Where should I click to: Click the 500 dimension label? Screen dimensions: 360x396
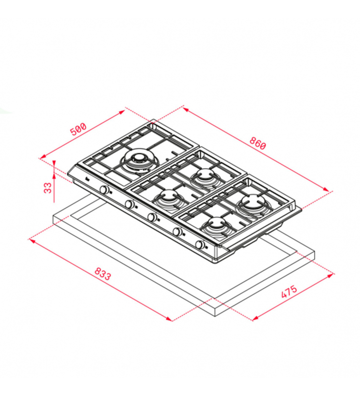(x=78, y=129)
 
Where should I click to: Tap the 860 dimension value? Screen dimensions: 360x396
(x=258, y=143)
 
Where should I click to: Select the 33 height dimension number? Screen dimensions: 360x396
(x=47, y=188)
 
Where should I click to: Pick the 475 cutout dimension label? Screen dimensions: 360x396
(x=289, y=292)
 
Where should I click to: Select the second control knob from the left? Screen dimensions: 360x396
(x=130, y=204)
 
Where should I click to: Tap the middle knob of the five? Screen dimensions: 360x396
(x=152, y=217)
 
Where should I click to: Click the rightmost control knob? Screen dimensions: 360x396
(x=200, y=245)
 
